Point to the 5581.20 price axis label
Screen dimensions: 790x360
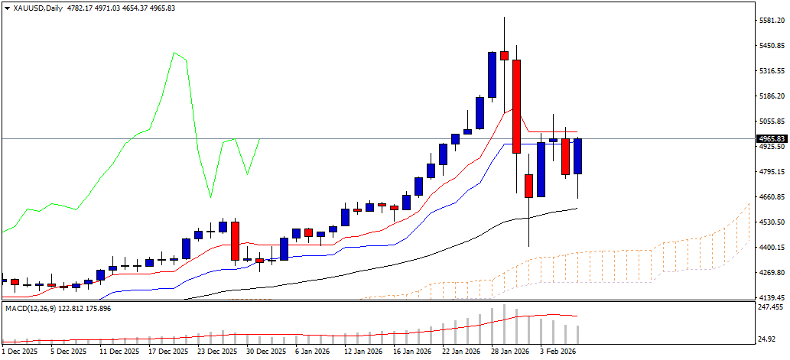771,21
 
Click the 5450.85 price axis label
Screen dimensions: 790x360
771,46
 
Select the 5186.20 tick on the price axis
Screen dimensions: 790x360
771,96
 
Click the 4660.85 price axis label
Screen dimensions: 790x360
771,197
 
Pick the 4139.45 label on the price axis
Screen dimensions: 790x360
771,297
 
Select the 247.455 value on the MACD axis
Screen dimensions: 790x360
771,306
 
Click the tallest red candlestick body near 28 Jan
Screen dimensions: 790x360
516,106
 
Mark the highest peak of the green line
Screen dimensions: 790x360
174,53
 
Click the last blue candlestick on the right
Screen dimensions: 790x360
578,156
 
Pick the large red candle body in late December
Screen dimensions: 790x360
236,241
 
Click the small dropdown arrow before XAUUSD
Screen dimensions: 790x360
7,8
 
